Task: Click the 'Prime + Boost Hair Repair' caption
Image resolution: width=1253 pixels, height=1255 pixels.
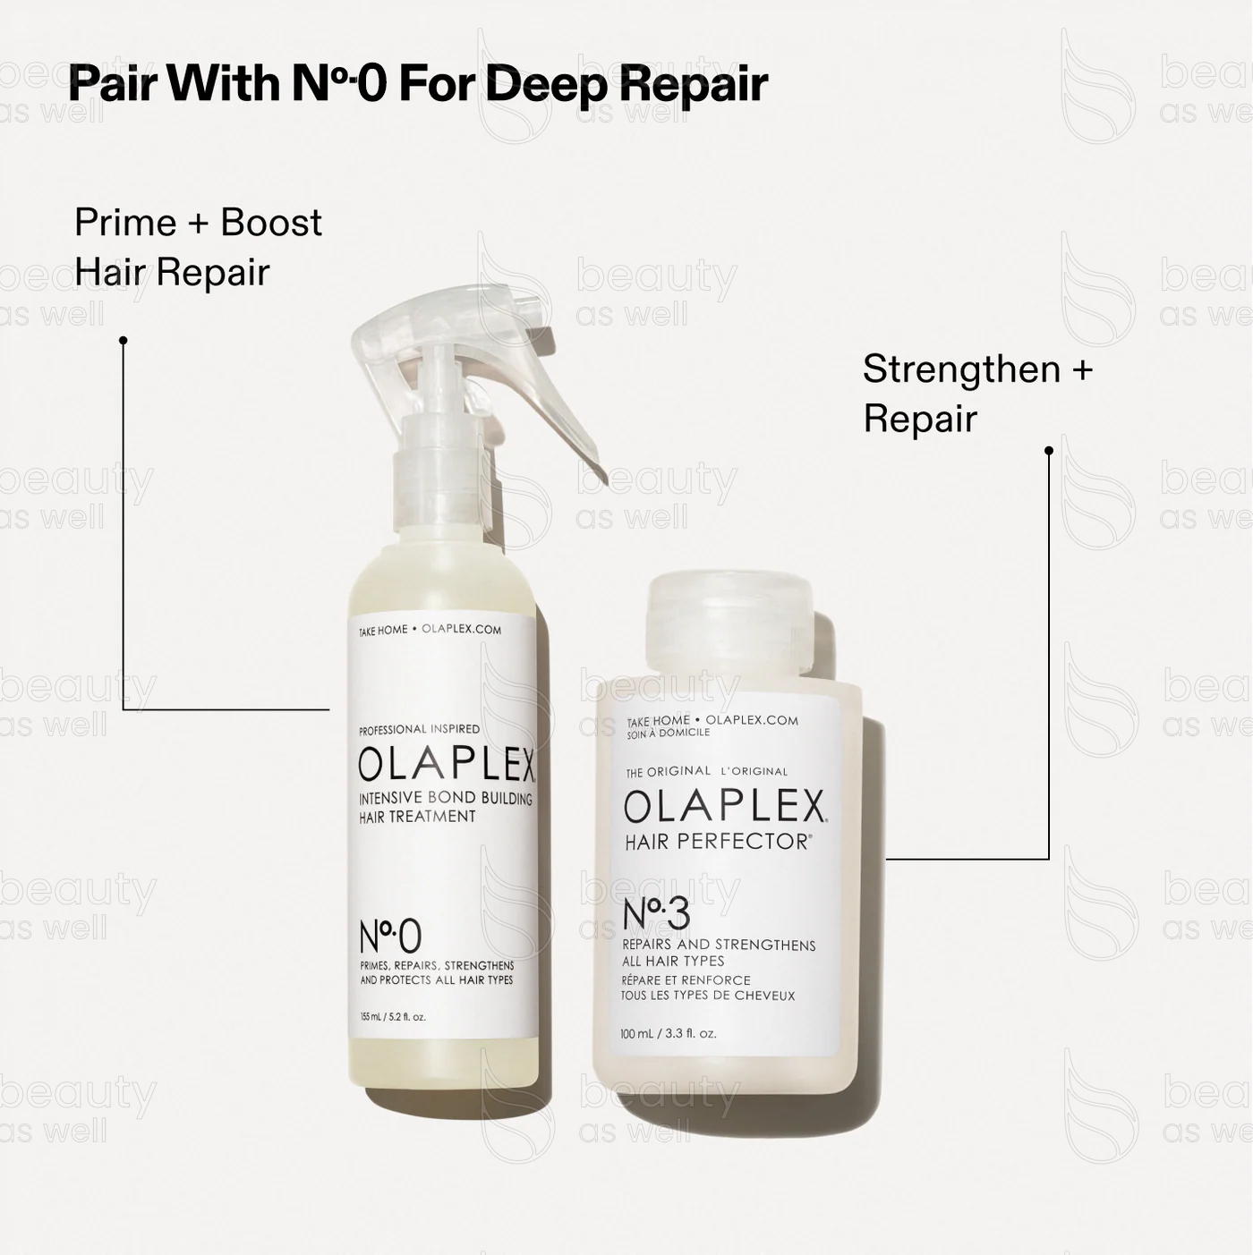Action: pos(197,247)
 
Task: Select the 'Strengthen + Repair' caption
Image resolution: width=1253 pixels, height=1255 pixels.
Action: pos(977,394)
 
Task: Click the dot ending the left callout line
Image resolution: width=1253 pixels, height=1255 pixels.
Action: pos(124,340)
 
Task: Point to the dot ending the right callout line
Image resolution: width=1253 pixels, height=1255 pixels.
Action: pos(1049,451)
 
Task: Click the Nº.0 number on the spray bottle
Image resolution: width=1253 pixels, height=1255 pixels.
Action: pos(389,937)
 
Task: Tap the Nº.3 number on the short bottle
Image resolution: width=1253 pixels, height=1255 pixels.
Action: pos(656,914)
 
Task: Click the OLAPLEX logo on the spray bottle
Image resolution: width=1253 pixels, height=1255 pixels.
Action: pos(446,766)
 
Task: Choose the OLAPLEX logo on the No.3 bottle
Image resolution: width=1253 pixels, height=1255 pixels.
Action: pos(725,807)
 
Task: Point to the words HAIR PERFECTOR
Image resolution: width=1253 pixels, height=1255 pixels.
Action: pos(716,842)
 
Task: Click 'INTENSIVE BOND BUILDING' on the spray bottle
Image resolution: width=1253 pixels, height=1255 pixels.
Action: pos(445,799)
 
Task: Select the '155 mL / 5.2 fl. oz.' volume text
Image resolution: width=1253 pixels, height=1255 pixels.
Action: pos(392,1017)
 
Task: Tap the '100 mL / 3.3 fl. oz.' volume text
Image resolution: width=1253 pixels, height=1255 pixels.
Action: pos(668,1034)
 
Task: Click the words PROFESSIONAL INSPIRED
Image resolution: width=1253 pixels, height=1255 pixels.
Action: pos(419,729)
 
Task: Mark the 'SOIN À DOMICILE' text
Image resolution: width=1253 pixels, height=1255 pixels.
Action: pos(668,733)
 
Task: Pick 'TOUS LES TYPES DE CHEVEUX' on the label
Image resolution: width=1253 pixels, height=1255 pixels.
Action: pos(707,996)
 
